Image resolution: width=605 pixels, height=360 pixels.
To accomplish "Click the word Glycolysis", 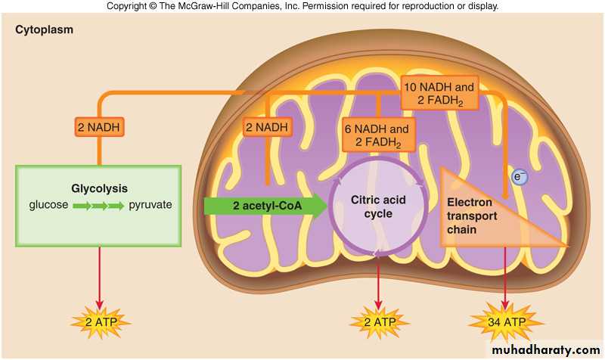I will [98, 189].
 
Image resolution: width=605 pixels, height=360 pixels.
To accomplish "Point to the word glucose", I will [49, 205].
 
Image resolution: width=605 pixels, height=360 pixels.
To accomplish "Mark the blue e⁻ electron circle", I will [519, 177].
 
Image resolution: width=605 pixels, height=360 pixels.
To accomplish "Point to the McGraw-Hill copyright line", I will [302, 6].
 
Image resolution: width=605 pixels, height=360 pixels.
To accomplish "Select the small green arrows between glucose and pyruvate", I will [98, 205].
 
